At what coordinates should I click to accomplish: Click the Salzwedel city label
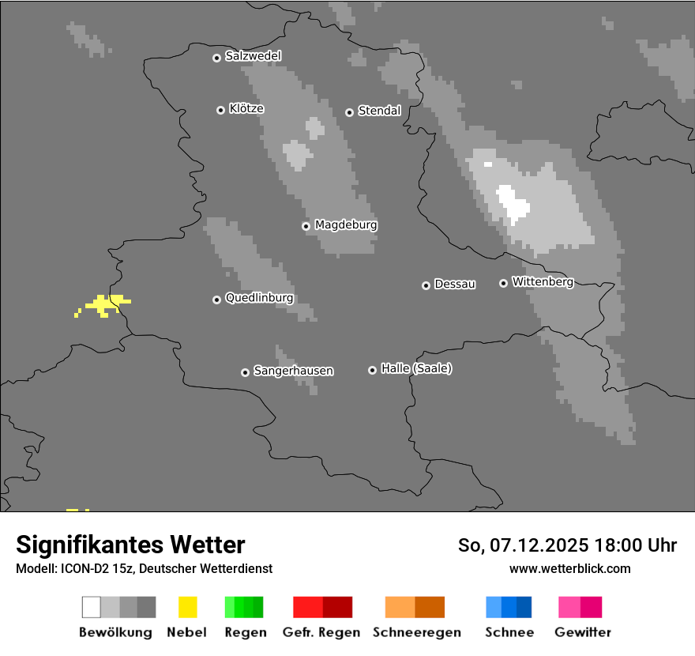pos(253,56)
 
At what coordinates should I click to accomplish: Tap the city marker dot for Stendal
pos(349,112)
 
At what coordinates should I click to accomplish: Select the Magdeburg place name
pos(346,225)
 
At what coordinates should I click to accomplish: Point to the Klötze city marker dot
pos(220,110)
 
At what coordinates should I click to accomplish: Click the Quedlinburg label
pos(259,298)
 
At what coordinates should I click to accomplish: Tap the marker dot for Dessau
pos(426,285)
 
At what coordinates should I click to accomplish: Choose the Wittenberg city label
pos(543,282)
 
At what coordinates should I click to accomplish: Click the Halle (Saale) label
pos(416,368)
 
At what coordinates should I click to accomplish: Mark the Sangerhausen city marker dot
pos(245,372)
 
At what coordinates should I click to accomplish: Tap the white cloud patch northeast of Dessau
pos(513,203)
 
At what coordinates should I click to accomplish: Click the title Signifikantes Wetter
pos(130,545)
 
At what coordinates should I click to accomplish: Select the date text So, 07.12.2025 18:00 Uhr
pos(567,545)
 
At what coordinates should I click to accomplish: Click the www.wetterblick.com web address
pos(569,568)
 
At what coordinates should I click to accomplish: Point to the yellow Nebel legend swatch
pos(187,607)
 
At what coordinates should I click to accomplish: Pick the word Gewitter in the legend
pos(583,632)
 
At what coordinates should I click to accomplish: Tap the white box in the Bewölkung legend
pos(92,607)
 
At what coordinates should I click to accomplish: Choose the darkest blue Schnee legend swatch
pos(524,607)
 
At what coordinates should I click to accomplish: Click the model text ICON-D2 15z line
pos(144,568)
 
